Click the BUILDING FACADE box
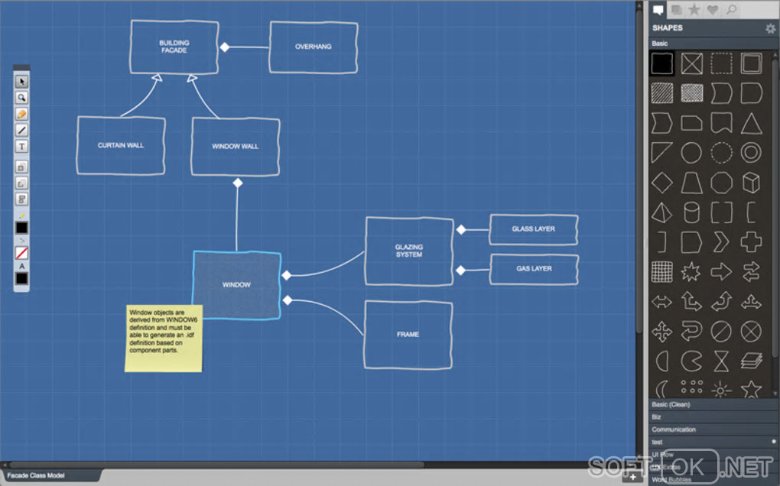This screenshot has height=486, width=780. point(174,47)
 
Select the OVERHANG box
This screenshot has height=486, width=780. point(314,47)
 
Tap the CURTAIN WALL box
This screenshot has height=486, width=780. point(121,145)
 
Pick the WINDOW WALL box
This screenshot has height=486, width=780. point(236,146)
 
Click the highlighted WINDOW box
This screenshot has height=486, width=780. point(236,285)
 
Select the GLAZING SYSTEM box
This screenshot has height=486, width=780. point(409,251)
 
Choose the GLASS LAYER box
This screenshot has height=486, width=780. point(534,229)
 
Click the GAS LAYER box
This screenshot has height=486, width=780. point(534,269)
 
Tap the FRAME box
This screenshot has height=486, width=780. point(408,335)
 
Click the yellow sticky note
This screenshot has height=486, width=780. point(164,339)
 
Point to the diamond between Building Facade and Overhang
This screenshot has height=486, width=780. point(225,47)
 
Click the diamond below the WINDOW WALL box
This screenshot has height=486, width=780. point(237,183)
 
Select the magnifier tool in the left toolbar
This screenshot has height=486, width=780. point(22,98)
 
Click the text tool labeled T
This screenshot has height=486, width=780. point(22,146)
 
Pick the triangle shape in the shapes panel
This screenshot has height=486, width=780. point(751,123)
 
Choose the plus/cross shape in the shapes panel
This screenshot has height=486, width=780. point(751,242)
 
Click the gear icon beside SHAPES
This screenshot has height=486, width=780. point(770,28)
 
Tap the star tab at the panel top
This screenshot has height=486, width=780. point(694,10)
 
